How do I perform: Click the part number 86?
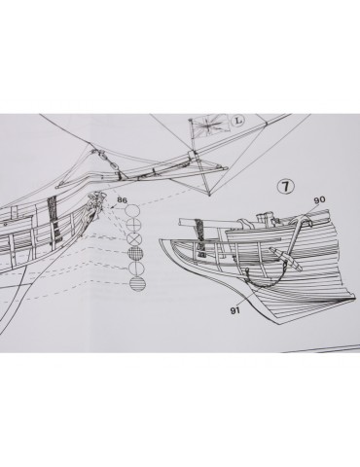[122, 199]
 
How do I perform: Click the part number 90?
[319, 199]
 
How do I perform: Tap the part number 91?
[235, 310]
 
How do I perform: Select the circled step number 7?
[286, 186]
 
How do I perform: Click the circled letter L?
[238, 121]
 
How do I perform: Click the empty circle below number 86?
[133, 211]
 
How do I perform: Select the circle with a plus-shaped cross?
[134, 225]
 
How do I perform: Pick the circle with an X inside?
[135, 239]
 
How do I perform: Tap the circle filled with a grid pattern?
[136, 253]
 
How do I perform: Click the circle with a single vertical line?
[136, 268]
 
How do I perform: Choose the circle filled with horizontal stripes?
[137, 283]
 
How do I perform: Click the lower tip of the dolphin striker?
[210, 196]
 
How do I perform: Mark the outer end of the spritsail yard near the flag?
[227, 168]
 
